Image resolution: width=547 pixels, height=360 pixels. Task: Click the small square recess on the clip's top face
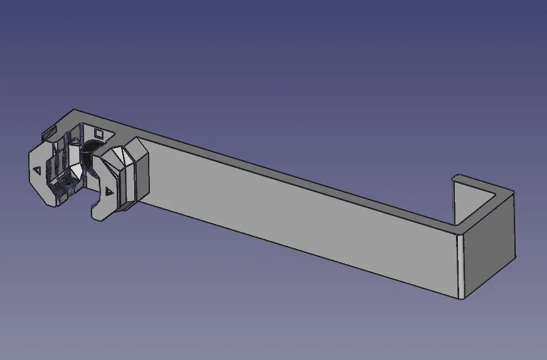tap(98, 133)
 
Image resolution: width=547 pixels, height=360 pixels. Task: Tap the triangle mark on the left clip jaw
tap(36, 169)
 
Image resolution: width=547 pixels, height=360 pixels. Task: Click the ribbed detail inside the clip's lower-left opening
tap(63, 185)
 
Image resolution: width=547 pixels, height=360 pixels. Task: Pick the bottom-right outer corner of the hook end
tap(515, 258)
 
